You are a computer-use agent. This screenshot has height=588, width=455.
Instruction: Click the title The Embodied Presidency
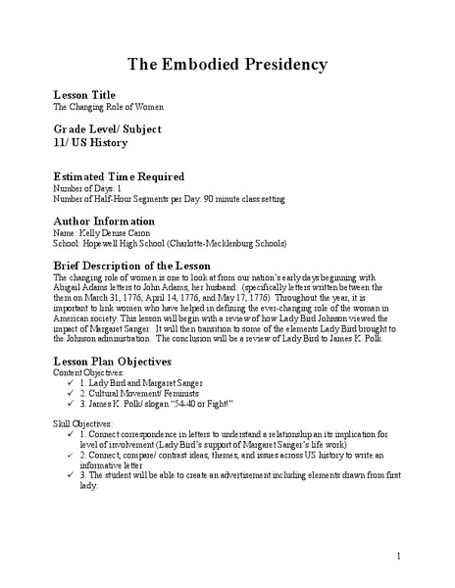pos(227,65)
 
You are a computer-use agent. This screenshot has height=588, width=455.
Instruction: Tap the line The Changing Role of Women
pos(108,107)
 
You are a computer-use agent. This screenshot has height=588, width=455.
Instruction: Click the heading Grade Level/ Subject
pos(107,129)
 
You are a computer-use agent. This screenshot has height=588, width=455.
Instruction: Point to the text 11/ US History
pos(90,143)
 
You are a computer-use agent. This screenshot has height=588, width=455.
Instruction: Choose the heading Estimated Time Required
pos(118,176)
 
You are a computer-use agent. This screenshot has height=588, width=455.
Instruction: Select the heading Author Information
pos(103,221)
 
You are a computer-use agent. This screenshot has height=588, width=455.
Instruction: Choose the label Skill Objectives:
pos(83,426)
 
